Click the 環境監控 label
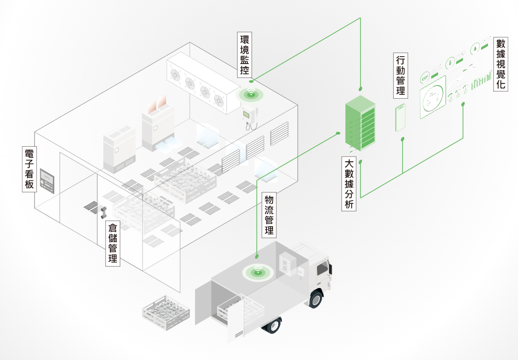(244, 55)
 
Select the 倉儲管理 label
(113, 244)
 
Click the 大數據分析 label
(349, 184)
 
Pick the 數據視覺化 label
(501, 64)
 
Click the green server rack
(360, 123)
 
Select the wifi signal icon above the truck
(257, 272)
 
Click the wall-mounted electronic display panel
(48, 180)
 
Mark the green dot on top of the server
(360, 89)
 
